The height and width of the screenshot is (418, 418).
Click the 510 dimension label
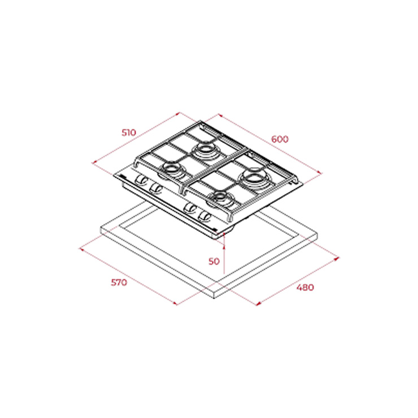click(129, 133)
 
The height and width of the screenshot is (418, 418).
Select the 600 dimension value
click(280, 139)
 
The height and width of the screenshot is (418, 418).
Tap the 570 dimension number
click(119, 282)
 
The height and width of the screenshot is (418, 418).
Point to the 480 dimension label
click(305, 288)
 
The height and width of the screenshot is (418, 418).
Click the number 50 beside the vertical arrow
click(214, 262)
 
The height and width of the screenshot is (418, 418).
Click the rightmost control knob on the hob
click(205, 216)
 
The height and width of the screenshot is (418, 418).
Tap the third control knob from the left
click(191, 208)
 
